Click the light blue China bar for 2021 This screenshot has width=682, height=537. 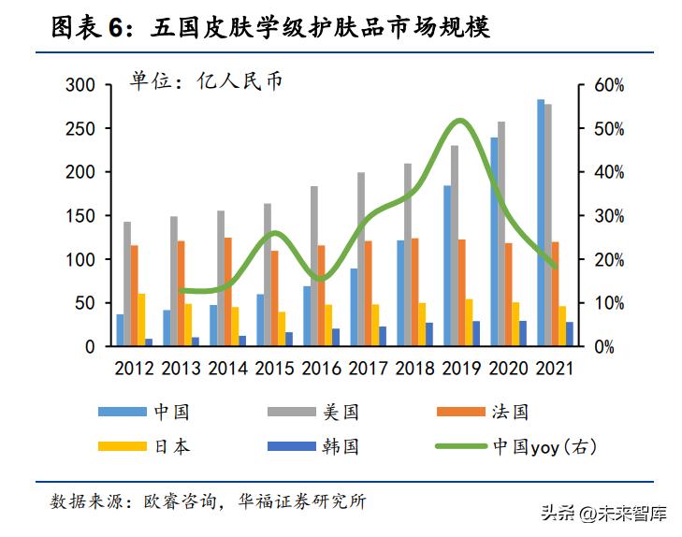point(541,223)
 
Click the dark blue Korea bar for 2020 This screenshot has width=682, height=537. point(523,334)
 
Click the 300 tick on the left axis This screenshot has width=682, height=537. point(80,85)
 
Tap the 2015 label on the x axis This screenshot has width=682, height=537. point(274,368)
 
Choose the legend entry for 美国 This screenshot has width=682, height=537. point(341,412)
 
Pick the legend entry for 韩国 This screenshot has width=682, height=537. point(341,446)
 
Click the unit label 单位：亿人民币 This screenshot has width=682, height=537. point(206,81)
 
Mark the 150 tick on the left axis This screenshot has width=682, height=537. point(80,216)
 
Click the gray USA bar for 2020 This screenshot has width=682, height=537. point(501,234)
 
